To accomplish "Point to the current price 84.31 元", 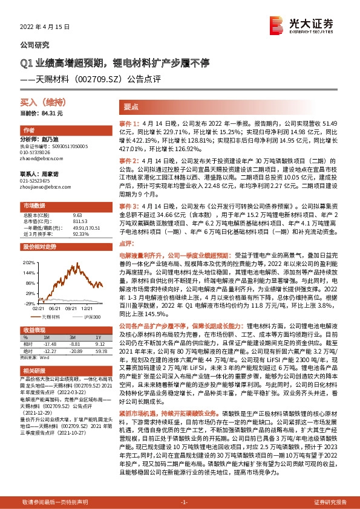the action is click(x=42, y=114).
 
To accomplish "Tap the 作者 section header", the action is click(x=28, y=131).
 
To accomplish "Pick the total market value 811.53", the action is click(x=77, y=221).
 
